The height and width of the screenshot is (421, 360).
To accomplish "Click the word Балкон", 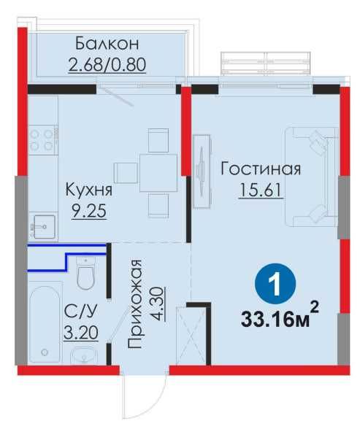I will (107, 42).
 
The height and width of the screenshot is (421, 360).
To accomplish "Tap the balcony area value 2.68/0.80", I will (107, 64).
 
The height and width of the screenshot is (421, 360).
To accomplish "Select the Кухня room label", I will (88, 190).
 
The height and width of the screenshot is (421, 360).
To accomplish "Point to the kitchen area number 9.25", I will (88, 213).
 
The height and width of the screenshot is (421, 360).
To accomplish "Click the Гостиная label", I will (260, 169).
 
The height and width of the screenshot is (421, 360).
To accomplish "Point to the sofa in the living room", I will (311, 175).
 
